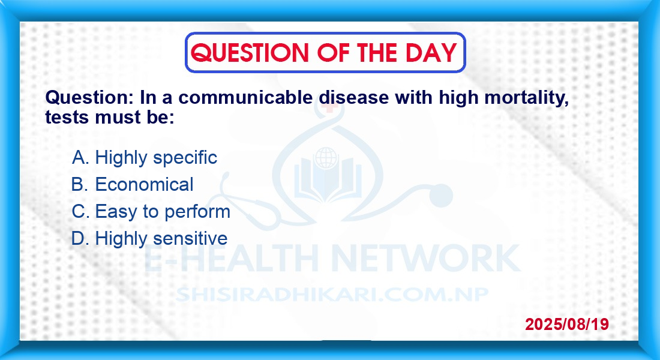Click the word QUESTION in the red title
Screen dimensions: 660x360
(x=250, y=53)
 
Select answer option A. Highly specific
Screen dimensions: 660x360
(x=145, y=158)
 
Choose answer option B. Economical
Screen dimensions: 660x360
(x=132, y=184)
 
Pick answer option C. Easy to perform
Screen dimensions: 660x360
(x=151, y=211)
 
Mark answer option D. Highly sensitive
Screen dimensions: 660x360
(x=149, y=238)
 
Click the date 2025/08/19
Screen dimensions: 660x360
(x=567, y=324)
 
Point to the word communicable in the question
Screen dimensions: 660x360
(x=245, y=97)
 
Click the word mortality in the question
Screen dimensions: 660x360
(x=527, y=98)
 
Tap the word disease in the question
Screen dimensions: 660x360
(x=353, y=97)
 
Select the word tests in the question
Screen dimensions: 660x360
(x=67, y=118)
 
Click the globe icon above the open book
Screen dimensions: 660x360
(x=326, y=158)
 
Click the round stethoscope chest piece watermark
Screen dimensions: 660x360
(x=440, y=196)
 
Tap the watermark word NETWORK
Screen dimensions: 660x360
(x=425, y=257)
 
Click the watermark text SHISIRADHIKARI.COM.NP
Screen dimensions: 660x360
(x=332, y=295)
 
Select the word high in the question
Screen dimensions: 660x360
(x=458, y=98)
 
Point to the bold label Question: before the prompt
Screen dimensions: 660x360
(x=89, y=97)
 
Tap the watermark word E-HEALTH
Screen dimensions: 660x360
(x=231, y=257)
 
